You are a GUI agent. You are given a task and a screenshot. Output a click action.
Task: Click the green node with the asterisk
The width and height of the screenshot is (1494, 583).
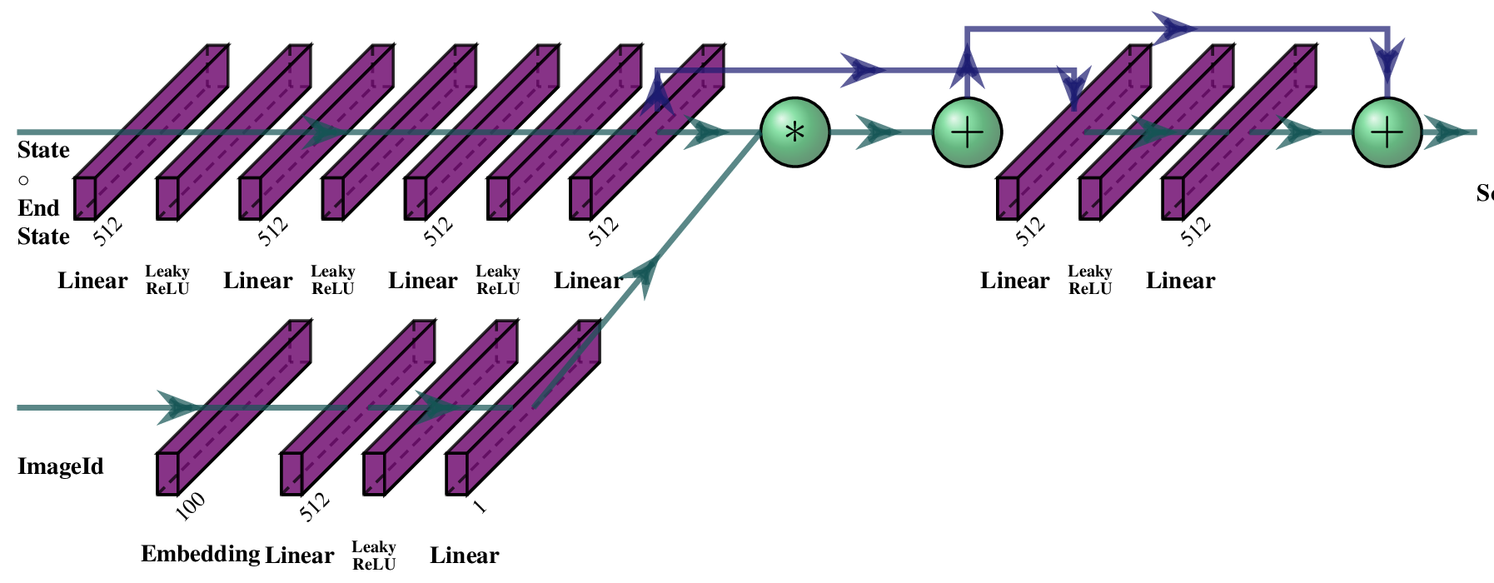point(794,132)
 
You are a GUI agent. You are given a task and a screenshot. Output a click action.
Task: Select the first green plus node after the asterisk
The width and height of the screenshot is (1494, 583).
point(966,132)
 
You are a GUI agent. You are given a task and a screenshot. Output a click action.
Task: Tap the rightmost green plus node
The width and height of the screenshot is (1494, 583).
point(1386,132)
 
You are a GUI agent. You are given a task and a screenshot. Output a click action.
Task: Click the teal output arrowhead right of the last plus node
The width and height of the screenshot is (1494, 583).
point(1444,132)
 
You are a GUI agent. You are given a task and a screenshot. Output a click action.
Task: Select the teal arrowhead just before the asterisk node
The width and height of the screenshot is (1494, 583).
point(704,132)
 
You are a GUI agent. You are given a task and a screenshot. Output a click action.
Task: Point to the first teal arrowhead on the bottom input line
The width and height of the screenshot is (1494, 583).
point(177,407)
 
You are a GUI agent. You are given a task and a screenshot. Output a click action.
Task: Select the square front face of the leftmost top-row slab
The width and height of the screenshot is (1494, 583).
point(86,197)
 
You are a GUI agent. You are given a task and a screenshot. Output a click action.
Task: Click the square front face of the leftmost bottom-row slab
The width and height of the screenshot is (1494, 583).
point(168,472)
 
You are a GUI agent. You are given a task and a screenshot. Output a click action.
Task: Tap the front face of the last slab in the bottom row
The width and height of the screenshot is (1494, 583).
point(457,472)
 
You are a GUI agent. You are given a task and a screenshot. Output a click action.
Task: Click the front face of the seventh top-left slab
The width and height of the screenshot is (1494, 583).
point(580,197)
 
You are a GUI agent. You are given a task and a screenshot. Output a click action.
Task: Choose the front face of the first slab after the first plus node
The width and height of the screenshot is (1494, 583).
point(1008,197)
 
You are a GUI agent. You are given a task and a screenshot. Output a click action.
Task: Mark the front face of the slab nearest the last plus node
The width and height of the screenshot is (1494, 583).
point(1173,197)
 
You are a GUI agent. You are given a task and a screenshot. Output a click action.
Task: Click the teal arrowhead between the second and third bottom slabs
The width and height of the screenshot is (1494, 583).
point(436,407)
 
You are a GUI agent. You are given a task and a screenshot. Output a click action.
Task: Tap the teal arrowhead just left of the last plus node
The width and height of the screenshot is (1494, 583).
point(1296,132)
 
